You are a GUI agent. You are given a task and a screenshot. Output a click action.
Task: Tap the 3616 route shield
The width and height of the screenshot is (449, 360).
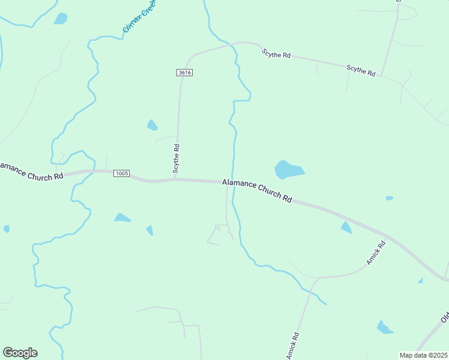pos(184,73)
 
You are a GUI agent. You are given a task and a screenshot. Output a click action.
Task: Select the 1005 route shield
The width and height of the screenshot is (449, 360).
pos(121,173)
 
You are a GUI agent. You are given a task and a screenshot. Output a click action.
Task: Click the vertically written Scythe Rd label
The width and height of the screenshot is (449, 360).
pos(176,158)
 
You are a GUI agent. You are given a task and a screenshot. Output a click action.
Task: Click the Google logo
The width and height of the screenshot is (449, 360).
pos(20,353)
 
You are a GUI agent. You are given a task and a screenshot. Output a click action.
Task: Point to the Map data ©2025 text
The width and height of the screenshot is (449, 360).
pos(424,355)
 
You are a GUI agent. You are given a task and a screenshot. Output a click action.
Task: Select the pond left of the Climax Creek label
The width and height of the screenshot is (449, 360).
pos(61,19)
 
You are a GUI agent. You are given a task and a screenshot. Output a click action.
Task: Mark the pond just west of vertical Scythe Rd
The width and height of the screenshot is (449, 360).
pos(152,125)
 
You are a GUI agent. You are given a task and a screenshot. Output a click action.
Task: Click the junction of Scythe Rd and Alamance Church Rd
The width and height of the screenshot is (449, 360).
pos(175,179)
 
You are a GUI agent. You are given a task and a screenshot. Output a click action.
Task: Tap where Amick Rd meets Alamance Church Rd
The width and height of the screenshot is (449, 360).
pos(390,236)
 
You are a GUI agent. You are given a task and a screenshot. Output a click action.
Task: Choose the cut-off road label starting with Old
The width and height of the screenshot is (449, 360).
pos(445,316)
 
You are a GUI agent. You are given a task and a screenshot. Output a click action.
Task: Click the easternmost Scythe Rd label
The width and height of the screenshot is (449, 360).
pos(361,71)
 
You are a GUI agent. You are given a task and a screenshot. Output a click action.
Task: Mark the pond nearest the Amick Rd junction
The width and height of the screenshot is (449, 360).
pos(346,227)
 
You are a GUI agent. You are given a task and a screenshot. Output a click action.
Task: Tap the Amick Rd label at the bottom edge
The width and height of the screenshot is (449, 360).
pos(292,346)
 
